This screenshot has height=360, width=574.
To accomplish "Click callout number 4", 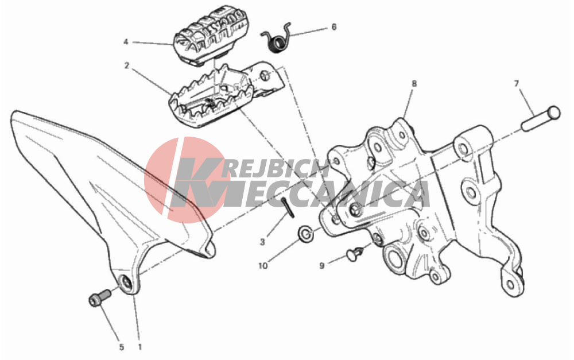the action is (126, 42).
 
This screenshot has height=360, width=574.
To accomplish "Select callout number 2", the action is (127, 66).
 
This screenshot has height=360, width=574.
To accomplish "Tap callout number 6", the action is (334, 27).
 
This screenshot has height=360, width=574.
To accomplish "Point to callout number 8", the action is (414, 84).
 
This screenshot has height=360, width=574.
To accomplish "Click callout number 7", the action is (517, 84).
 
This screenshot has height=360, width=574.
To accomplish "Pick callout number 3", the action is (262, 242).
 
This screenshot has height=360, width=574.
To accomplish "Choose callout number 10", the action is (263, 266).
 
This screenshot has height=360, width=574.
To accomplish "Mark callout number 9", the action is (322, 265).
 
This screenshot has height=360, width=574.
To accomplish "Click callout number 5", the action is (122, 347).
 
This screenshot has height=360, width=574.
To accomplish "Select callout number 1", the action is (139, 347).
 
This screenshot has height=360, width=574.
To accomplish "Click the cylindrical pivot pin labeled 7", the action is (541, 118).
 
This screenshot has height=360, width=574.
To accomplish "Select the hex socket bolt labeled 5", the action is (100, 297).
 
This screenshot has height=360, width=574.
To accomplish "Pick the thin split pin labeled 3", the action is (288, 208).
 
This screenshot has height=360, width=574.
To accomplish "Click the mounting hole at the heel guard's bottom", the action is (126, 282).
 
